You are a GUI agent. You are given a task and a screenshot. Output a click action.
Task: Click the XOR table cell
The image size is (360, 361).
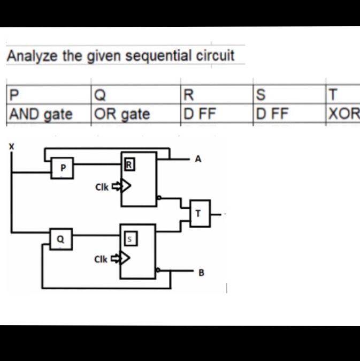click(345, 114)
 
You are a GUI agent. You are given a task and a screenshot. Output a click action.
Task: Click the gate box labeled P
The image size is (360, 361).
click(63, 168)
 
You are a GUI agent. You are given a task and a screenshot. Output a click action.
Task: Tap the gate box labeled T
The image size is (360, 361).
click(198, 214)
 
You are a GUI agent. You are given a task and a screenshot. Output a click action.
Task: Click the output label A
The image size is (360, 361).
click(198, 159)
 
